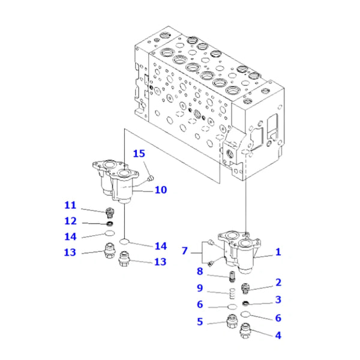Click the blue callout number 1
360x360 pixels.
pos(278,253)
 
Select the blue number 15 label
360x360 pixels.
pos(139,154)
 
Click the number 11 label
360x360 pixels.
pos(71,205)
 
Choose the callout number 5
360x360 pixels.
pos(200,322)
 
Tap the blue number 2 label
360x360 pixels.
pos(278,282)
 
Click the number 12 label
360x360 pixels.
pos(71,221)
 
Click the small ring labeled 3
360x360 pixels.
pos(246,301)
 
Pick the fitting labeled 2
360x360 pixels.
pos(245,287)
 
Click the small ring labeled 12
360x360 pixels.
pos(108,223)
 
